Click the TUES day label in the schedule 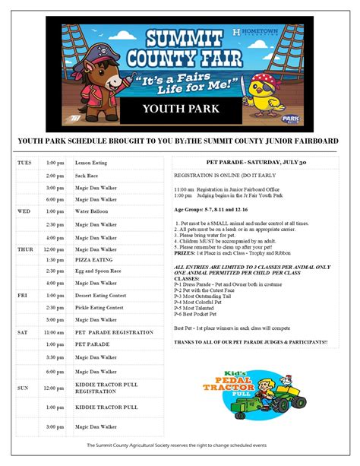[24, 163]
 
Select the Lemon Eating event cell [90, 163]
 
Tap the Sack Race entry [87, 176]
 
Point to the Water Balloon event [91, 211]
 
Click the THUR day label [25, 249]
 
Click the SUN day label [24, 388]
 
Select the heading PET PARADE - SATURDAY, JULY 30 [251, 163]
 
